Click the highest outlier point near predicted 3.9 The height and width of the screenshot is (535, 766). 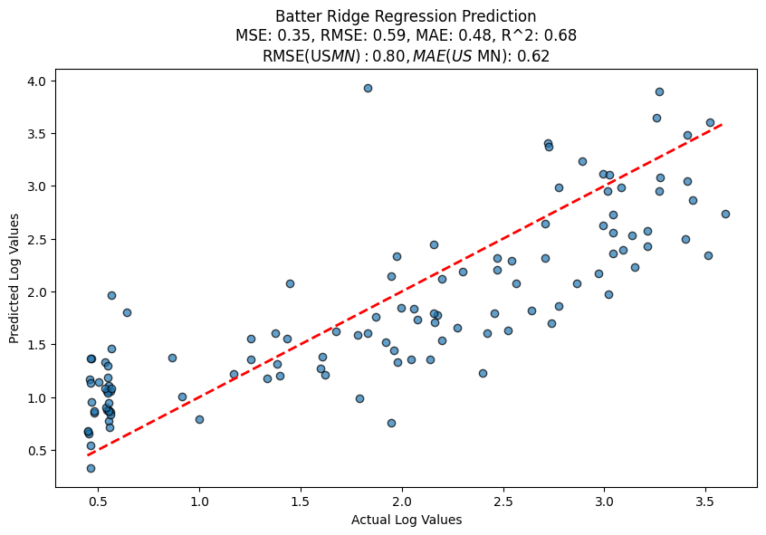click(x=368, y=88)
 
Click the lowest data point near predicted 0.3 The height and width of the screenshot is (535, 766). click(x=91, y=468)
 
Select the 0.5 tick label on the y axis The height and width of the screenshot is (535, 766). click(x=39, y=450)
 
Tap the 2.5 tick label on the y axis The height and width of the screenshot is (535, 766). click(x=39, y=239)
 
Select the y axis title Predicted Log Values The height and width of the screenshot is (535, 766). click(x=14, y=279)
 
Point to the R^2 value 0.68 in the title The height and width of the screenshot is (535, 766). click(x=560, y=36)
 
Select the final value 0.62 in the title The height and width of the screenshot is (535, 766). click(x=533, y=55)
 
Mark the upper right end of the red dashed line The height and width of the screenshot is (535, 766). click(x=722, y=124)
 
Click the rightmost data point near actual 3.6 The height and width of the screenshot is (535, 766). click(x=725, y=214)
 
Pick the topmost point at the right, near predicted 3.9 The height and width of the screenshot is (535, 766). click(x=659, y=91)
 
